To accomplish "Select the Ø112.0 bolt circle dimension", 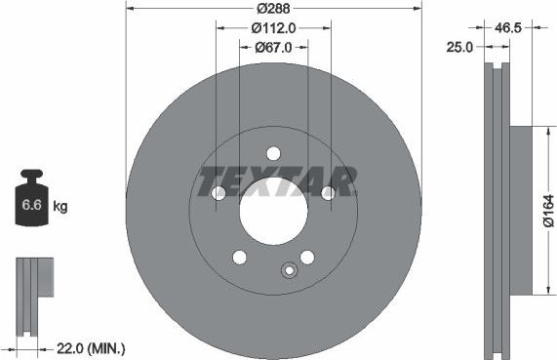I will point(273,28).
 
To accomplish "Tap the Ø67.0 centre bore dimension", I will point(274,47).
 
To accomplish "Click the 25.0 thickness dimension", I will point(459,46).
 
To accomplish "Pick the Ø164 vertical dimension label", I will point(547,209).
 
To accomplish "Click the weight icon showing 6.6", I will point(30,202).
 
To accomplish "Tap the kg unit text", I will point(60,206).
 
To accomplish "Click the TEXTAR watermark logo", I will point(276,181).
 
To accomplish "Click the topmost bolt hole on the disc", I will point(273,153).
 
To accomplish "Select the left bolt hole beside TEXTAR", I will point(219,193).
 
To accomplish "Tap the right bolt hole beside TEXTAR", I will point(329,193).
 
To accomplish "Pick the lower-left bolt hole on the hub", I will point(239,257).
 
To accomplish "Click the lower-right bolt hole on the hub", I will point(307,257).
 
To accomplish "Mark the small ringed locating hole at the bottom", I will point(288,272).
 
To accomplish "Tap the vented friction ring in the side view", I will point(495,209).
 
